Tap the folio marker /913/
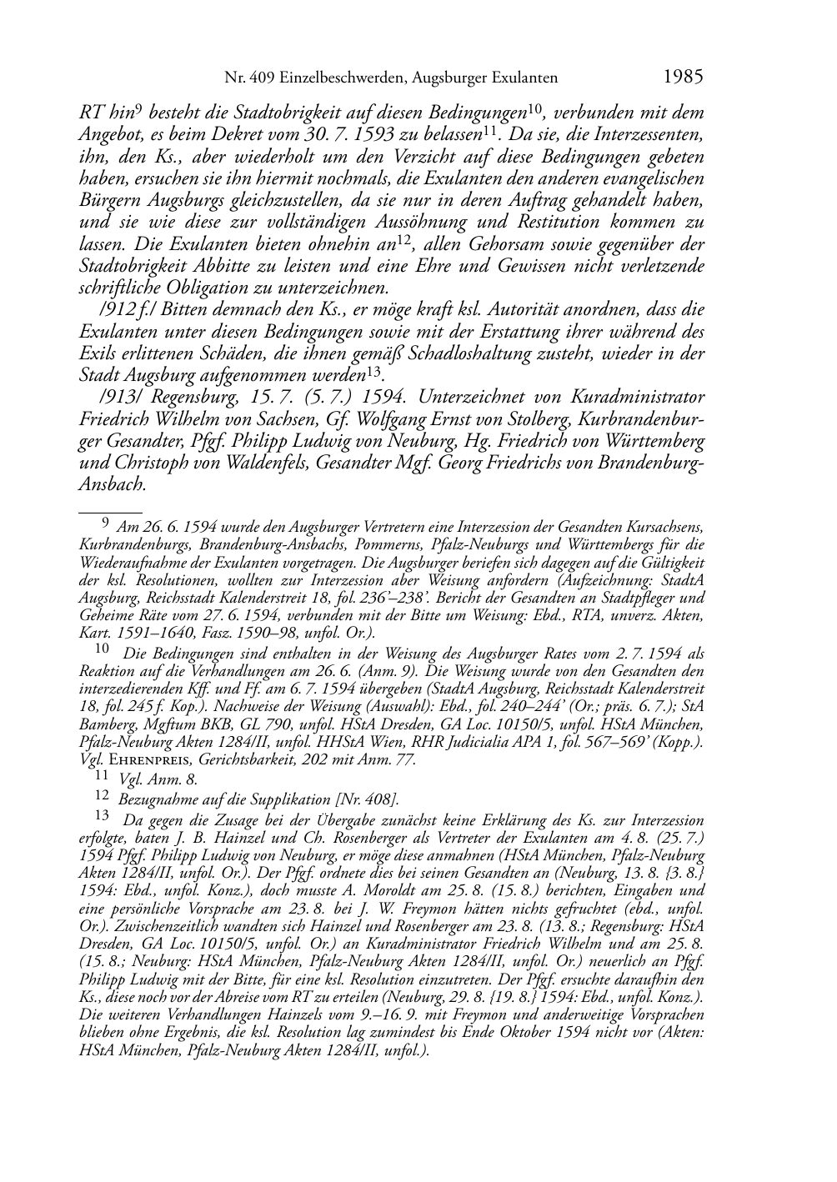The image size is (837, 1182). tap(120, 397)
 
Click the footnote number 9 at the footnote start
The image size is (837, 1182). tap(105, 524)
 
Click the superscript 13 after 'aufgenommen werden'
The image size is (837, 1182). tap(373, 371)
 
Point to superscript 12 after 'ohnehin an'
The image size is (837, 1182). tap(403, 241)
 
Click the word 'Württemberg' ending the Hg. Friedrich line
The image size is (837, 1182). tap(649, 440)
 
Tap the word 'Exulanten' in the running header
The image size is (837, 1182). tap(522, 78)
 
